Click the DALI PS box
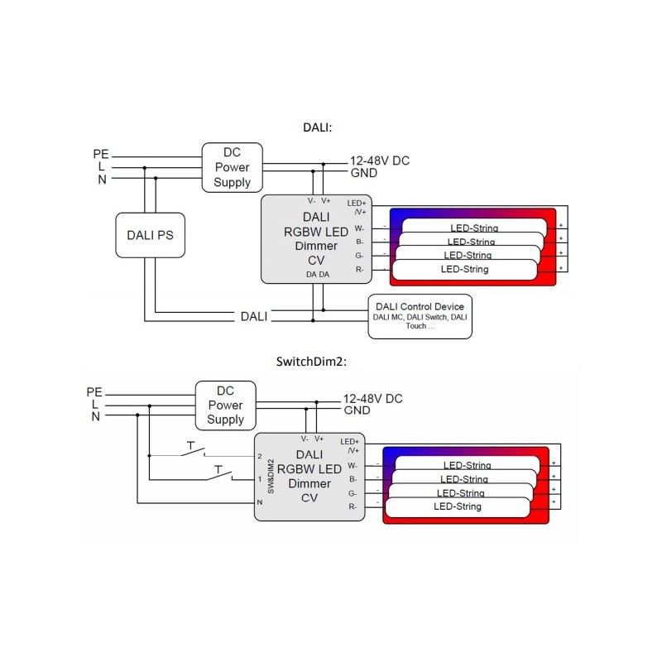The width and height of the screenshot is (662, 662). (x=150, y=236)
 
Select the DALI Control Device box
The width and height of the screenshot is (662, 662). (x=420, y=315)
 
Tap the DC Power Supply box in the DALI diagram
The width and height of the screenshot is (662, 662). (x=232, y=166)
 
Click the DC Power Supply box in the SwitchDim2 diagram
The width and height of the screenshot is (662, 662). (x=224, y=405)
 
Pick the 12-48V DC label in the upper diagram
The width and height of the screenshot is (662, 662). (x=379, y=161)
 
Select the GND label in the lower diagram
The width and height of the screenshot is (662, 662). (x=357, y=410)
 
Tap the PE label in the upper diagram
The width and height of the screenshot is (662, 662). (x=100, y=154)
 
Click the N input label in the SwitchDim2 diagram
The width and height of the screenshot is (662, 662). (x=96, y=416)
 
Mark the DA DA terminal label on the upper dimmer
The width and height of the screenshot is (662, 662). (x=317, y=274)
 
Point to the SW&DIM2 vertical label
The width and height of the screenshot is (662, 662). (x=271, y=477)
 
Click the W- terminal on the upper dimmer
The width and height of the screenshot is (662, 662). (x=360, y=228)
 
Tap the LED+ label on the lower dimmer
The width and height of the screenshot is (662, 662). (x=349, y=441)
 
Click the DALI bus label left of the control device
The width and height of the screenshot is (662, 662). (x=253, y=316)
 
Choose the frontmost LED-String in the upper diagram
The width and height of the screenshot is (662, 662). (x=464, y=269)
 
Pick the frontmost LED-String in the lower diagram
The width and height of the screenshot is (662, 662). (x=458, y=506)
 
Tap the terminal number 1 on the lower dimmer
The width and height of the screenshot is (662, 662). (x=260, y=479)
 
